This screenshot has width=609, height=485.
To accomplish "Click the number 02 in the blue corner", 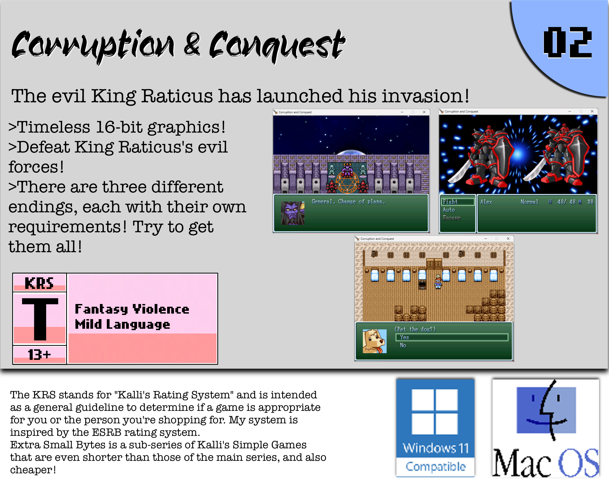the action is pos(568,42).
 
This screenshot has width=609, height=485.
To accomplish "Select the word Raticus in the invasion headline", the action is pos(177,96).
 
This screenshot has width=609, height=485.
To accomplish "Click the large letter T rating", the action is pos(40,319).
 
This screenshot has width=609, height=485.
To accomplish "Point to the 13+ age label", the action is pos(39,355).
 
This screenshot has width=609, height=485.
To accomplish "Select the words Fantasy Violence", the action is pos(132,309).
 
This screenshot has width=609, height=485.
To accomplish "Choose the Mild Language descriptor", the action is pos(122,324).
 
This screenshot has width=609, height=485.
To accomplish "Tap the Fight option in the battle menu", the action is pos(450,202).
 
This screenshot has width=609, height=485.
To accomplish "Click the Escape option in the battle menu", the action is pos(452,218).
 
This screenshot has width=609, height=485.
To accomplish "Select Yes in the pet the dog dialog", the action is pos(404,337).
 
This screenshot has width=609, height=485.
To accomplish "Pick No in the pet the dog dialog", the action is pos(403,345).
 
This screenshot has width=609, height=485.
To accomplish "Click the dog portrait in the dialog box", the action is pos(374,341).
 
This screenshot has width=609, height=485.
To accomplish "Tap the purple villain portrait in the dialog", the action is pos(293,213).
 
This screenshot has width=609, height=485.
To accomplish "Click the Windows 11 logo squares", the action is pos(435,411).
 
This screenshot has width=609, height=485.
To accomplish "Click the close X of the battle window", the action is pos(592,111).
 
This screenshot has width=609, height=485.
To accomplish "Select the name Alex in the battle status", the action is pos(487,202).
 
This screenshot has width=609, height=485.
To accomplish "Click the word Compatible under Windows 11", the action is pos(435,467).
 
